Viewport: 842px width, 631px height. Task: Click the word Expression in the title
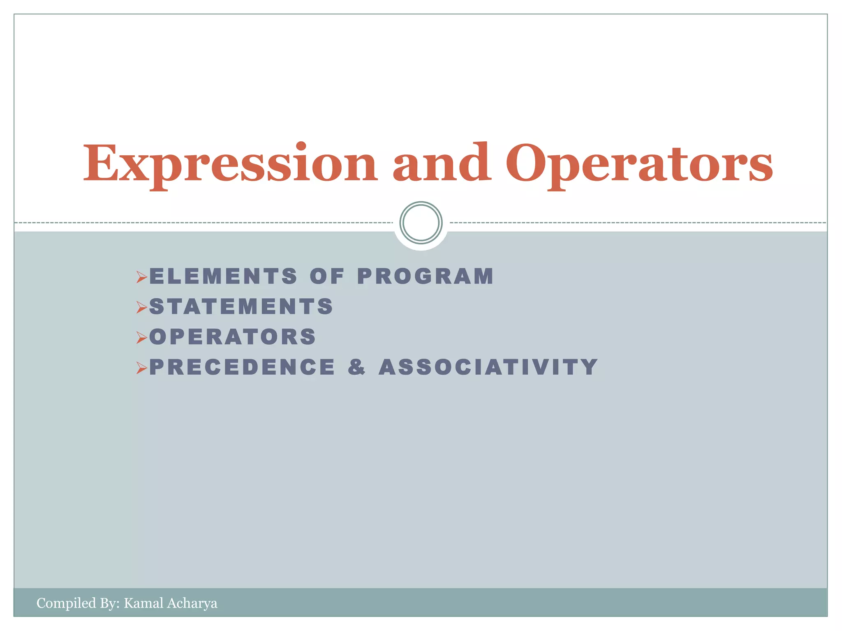point(230,164)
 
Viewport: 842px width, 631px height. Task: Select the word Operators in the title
point(639,164)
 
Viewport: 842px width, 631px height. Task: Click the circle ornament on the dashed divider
point(421,223)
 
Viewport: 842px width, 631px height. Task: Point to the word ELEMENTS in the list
point(223,276)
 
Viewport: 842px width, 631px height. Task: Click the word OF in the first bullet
point(327,276)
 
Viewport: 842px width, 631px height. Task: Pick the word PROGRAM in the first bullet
point(426,276)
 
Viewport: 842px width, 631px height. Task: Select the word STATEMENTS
point(241,306)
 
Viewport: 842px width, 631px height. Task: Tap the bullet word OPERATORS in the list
point(233,337)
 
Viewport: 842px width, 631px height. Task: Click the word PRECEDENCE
point(242,367)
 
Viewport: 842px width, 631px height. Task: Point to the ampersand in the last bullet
point(356,367)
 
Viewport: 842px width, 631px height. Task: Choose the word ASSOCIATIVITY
point(488,367)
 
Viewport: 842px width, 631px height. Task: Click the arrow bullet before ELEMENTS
point(142,277)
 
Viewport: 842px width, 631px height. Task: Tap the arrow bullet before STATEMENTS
point(142,307)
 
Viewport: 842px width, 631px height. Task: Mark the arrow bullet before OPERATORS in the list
point(142,338)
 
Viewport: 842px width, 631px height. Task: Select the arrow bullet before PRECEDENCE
point(142,368)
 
